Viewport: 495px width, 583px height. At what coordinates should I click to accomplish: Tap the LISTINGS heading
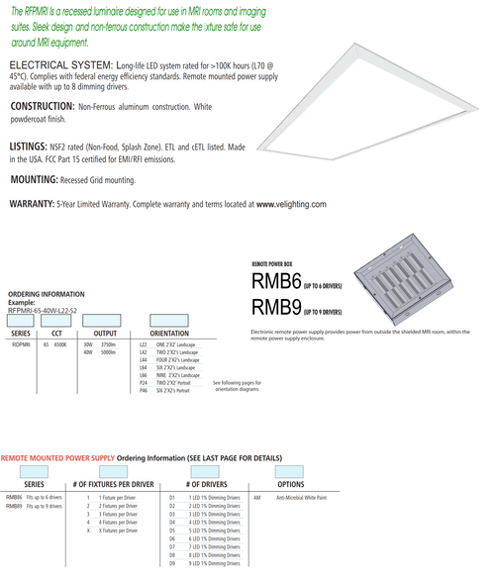coord(30,146)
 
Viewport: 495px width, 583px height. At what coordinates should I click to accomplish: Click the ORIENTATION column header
coord(169,334)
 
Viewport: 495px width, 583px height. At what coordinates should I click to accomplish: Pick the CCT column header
coord(56,334)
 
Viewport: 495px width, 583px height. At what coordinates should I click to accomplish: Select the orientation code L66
coord(145,376)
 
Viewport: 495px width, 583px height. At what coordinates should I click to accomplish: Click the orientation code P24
coord(145,384)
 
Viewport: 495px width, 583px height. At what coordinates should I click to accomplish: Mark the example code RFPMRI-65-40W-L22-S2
coord(42,310)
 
